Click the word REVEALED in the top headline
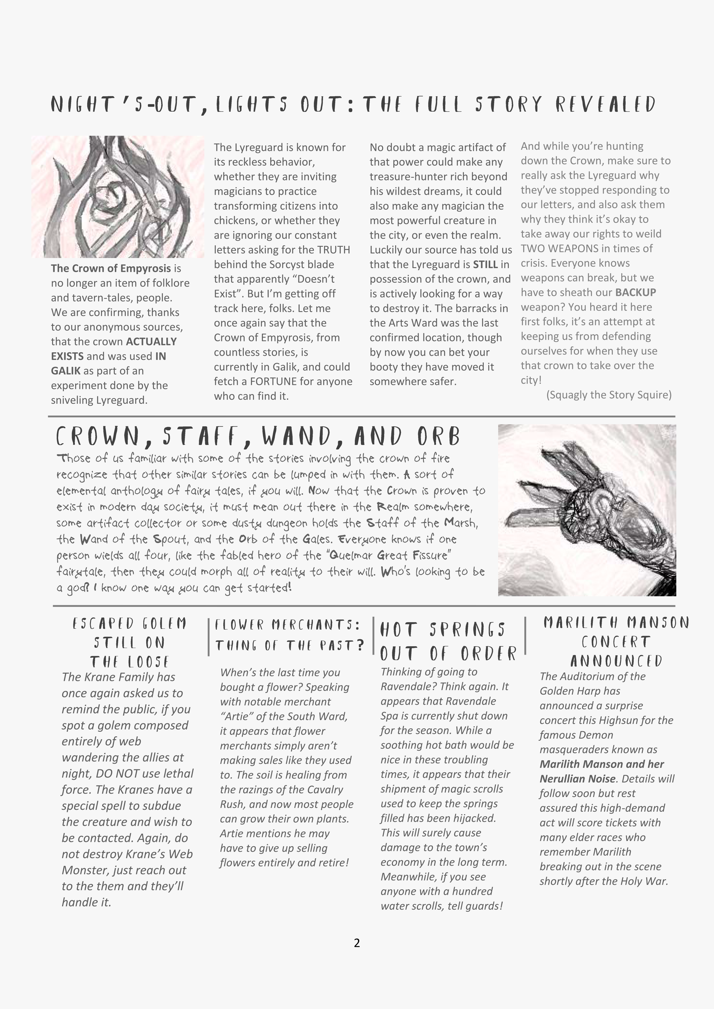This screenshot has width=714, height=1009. (x=606, y=105)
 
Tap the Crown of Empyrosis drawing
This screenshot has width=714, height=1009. (x=118, y=196)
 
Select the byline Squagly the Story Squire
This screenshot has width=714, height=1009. (x=609, y=395)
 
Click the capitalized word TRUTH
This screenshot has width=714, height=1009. (x=334, y=250)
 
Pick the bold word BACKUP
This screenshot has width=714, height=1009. (x=635, y=293)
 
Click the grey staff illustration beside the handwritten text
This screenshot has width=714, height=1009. (x=587, y=510)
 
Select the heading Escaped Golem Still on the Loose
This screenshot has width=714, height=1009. (x=129, y=643)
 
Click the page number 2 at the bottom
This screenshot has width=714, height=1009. (x=357, y=943)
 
